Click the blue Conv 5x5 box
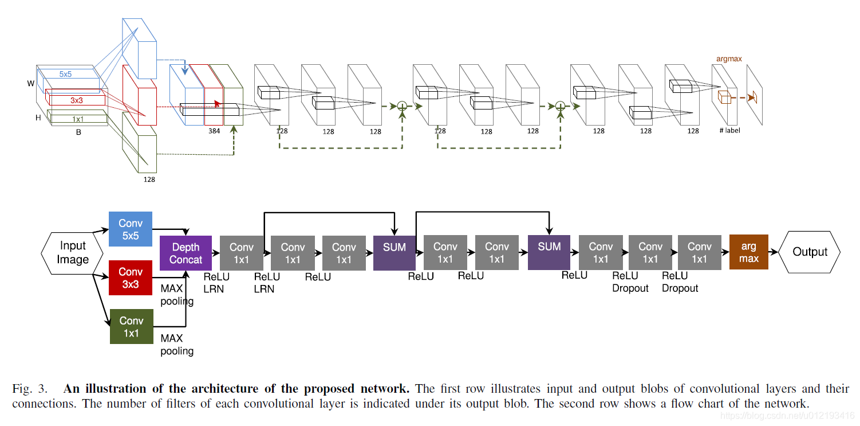(131, 229)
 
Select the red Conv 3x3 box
(131, 278)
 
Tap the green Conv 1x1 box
(131, 326)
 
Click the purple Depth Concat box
(186, 253)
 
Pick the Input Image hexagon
(72, 253)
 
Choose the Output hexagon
(810, 252)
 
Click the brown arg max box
(749, 252)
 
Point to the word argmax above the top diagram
(729, 59)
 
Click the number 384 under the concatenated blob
(214, 131)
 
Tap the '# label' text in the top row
(729, 130)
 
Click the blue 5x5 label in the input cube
(65, 74)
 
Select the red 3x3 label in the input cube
(76, 100)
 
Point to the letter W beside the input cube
(31, 84)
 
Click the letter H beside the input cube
(38, 118)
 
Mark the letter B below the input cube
(78, 132)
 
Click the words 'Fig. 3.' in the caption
(30, 389)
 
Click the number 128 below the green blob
(149, 179)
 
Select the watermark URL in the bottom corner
(787, 416)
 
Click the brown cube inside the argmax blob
(724, 97)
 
